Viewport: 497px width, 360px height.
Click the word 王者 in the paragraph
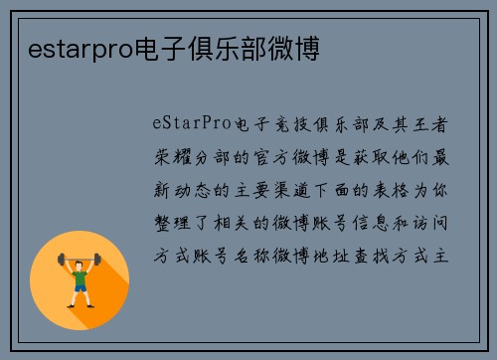coord(435,124)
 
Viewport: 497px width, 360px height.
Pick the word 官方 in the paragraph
coord(284,157)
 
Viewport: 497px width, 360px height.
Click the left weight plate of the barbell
coord(61,262)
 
